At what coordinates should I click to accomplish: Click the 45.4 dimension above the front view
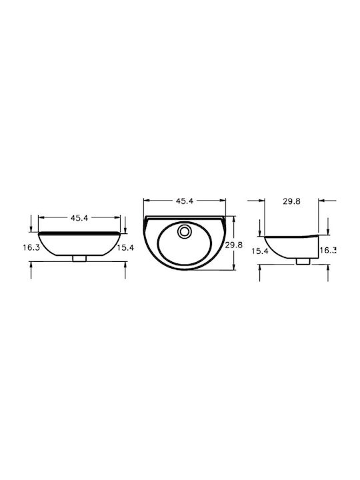point(79,217)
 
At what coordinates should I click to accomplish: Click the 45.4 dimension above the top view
point(185,201)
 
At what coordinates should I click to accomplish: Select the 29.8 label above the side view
point(292,201)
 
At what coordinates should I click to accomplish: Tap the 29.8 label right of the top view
point(234,245)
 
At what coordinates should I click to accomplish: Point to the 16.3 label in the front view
point(31,247)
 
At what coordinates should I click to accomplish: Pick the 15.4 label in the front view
point(125,247)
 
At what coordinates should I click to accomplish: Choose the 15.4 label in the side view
point(260,251)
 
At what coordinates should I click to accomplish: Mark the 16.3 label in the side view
point(328,250)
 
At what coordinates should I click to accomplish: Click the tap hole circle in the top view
point(184,231)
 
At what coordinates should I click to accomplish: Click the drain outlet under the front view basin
point(79,259)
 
